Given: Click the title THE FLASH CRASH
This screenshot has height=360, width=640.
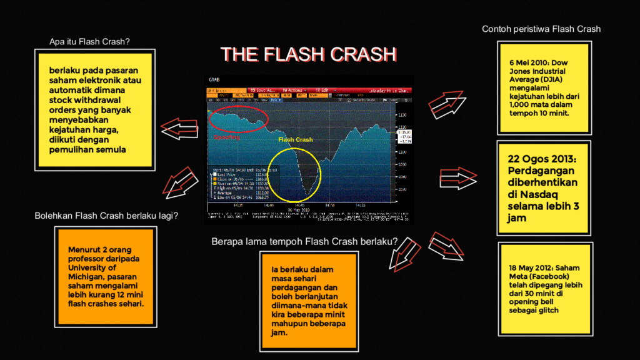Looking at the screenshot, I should pos(309,54).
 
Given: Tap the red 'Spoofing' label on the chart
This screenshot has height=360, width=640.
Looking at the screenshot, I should pos(226,137).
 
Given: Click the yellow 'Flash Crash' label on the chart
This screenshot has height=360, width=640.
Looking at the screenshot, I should pos(295,139).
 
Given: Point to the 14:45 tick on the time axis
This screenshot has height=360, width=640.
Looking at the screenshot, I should pos(298,204).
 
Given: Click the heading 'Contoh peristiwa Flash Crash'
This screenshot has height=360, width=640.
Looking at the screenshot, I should pos(541,29).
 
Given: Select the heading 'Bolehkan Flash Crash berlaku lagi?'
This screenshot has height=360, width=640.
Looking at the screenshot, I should pos(106,216).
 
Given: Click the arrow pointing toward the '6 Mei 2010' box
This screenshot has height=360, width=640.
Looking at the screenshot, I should pos(448,101).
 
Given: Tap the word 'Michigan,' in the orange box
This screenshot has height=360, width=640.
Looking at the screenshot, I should pos(90,276).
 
